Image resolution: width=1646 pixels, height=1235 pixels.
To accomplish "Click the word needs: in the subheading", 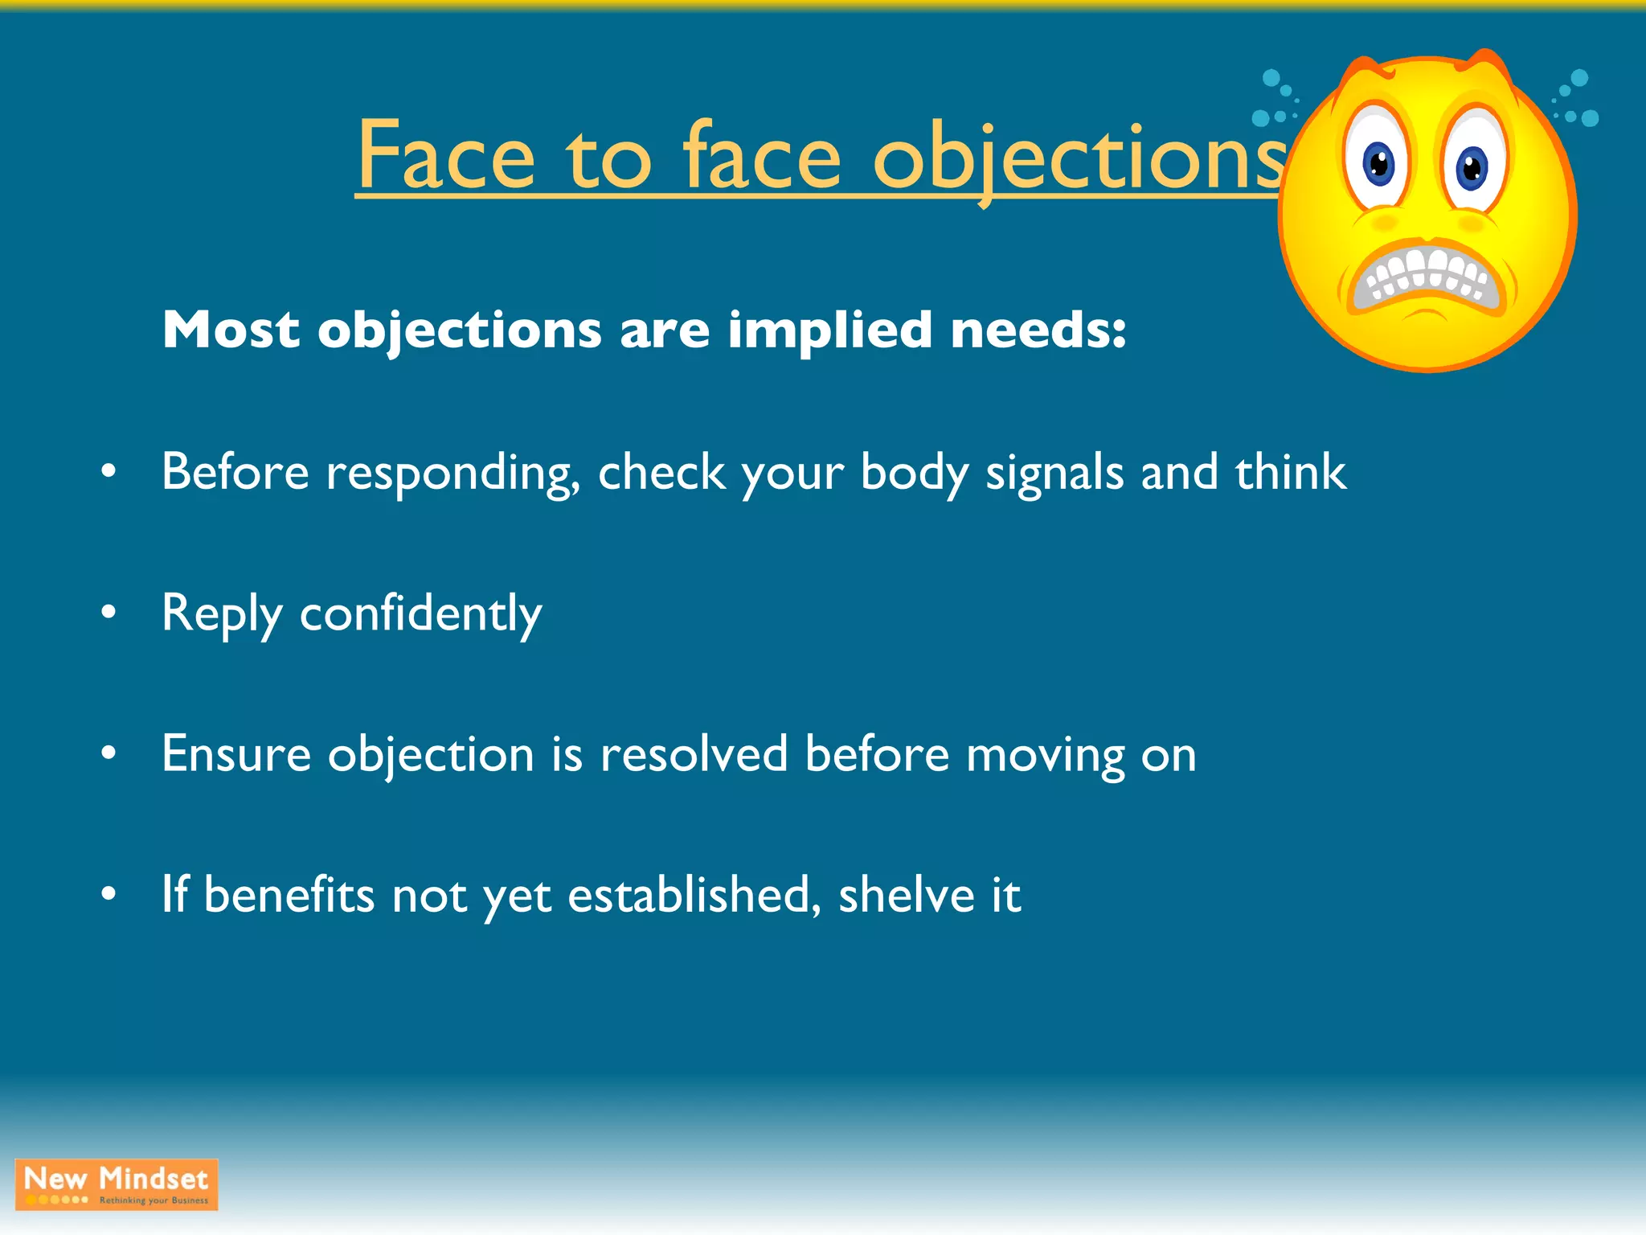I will pyautogui.click(x=1038, y=330).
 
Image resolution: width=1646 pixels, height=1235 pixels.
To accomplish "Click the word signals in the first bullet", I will pyautogui.click(x=1054, y=473).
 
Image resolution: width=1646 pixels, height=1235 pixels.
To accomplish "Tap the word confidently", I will pyautogui.click(x=421, y=614).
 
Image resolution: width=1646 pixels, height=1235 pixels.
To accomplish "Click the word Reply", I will pyautogui.click(x=222, y=614).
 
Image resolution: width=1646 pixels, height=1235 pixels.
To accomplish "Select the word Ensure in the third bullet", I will pyautogui.click(x=236, y=754).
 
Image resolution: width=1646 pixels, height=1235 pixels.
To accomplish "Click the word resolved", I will pyautogui.click(x=694, y=754).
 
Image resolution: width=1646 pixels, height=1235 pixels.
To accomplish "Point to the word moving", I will pyautogui.click(x=1045, y=756).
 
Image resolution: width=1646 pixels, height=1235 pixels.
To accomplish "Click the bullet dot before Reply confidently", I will pyautogui.click(x=109, y=613).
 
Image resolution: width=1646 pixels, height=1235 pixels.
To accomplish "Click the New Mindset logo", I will pyautogui.click(x=117, y=1184).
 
